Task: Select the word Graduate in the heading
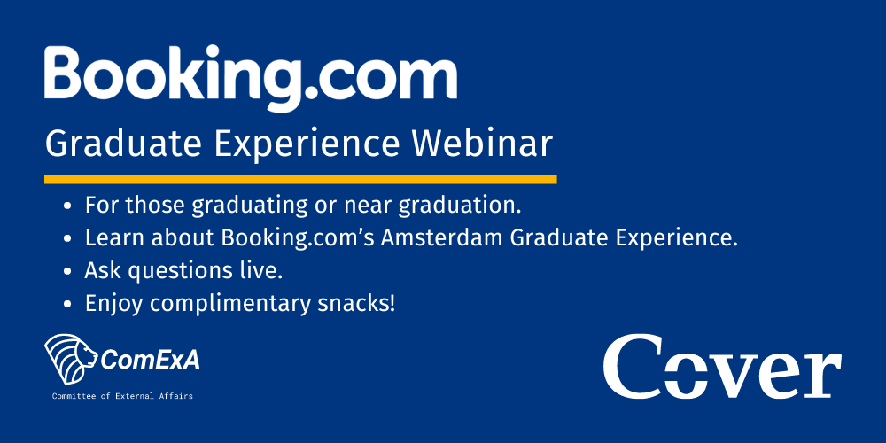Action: pyautogui.click(x=123, y=144)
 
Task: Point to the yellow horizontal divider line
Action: pyautogui.click(x=300, y=179)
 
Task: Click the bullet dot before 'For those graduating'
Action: pyautogui.click(x=68, y=206)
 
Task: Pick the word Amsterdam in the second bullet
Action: pyautogui.click(x=442, y=238)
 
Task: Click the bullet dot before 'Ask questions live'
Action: pyautogui.click(x=68, y=272)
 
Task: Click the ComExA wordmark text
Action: pyautogui.click(x=150, y=361)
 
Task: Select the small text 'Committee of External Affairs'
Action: pyautogui.click(x=122, y=396)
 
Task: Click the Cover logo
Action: pyautogui.click(x=722, y=366)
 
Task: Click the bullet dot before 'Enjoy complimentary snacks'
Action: pyautogui.click(x=68, y=305)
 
